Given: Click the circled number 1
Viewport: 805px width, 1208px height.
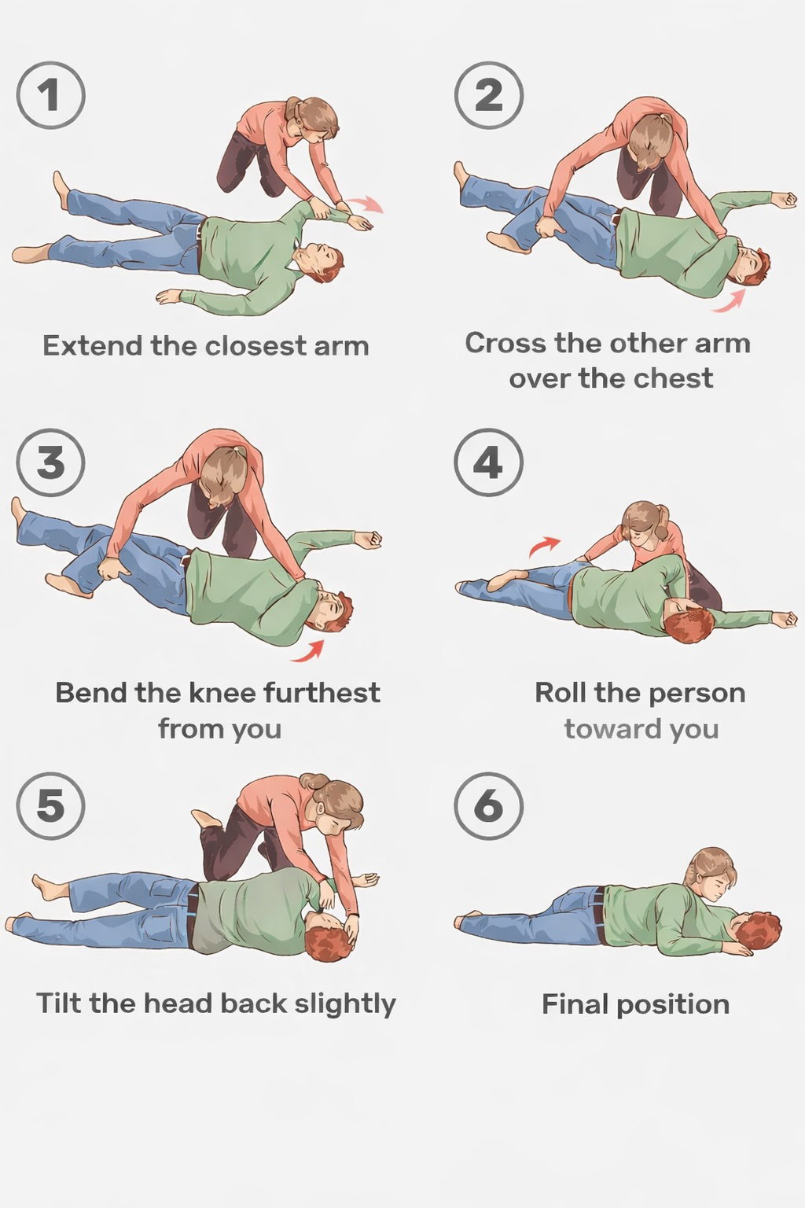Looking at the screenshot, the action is (50, 95).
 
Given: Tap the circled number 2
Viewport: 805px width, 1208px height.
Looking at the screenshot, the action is (488, 95).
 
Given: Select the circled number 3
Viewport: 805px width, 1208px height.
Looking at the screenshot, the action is (50, 462).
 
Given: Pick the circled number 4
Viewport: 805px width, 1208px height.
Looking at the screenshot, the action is (488, 462).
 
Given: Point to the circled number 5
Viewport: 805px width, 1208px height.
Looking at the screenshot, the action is (50, 805).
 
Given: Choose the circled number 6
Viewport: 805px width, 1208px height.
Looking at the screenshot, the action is (488, 805).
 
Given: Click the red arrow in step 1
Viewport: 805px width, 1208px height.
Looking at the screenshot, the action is (366, 204).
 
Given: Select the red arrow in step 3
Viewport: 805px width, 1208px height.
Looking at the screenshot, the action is (308, 650).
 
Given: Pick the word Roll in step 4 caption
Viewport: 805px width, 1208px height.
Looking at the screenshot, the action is (561, 693).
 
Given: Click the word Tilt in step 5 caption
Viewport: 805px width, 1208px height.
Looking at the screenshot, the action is (59, 1004).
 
